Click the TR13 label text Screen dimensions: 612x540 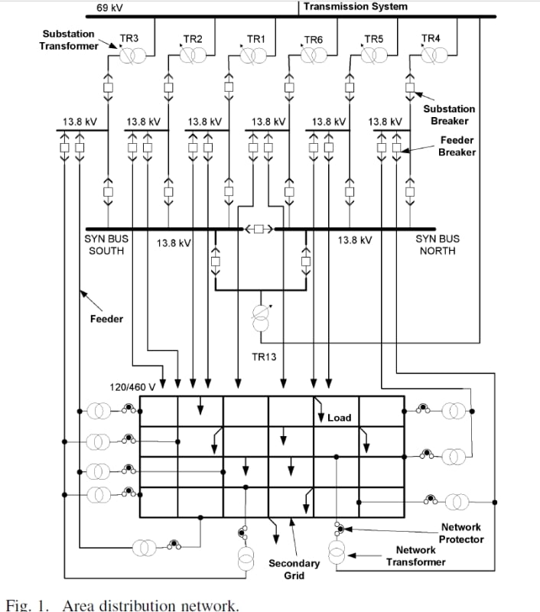(x=263, y=356)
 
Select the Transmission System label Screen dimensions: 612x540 (x=356, y=7)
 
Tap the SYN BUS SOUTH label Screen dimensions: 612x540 (x=106, y=245)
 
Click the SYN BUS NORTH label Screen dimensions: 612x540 (x=438, y=245)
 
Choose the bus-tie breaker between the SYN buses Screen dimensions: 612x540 (x=259, y=229)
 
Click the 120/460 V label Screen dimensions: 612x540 (x=133, y=387)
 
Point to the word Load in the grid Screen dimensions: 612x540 (x=339, y=418)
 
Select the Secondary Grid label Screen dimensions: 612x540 (x=294, y=569)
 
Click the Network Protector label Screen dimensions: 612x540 (x=460, y=533)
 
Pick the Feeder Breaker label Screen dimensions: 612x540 (x=457, y=146)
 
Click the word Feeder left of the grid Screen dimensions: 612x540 (x=106, y=319)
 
